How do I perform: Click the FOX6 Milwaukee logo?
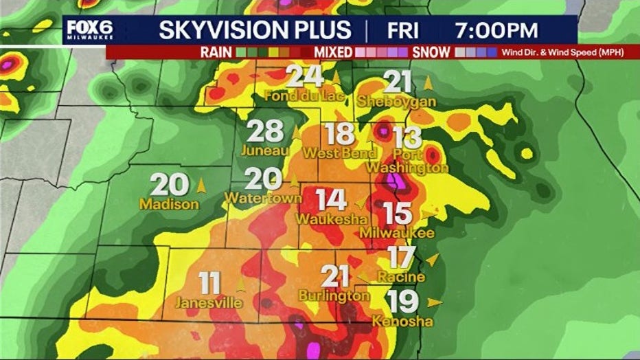point(89,30)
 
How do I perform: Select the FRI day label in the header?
point(407,30)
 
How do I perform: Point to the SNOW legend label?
point(431,52)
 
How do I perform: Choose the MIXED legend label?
point(333,52)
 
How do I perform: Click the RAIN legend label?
point(216,52)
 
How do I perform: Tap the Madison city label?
point(169,204)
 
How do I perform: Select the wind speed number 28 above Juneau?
point(264,131)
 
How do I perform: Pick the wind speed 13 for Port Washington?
point(407,137)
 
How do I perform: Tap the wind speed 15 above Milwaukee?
point(398,214)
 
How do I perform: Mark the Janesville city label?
point(209,302)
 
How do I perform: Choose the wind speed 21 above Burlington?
point(336,276)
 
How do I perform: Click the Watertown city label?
point(263,199)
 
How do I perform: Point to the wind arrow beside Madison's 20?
point(201,185)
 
